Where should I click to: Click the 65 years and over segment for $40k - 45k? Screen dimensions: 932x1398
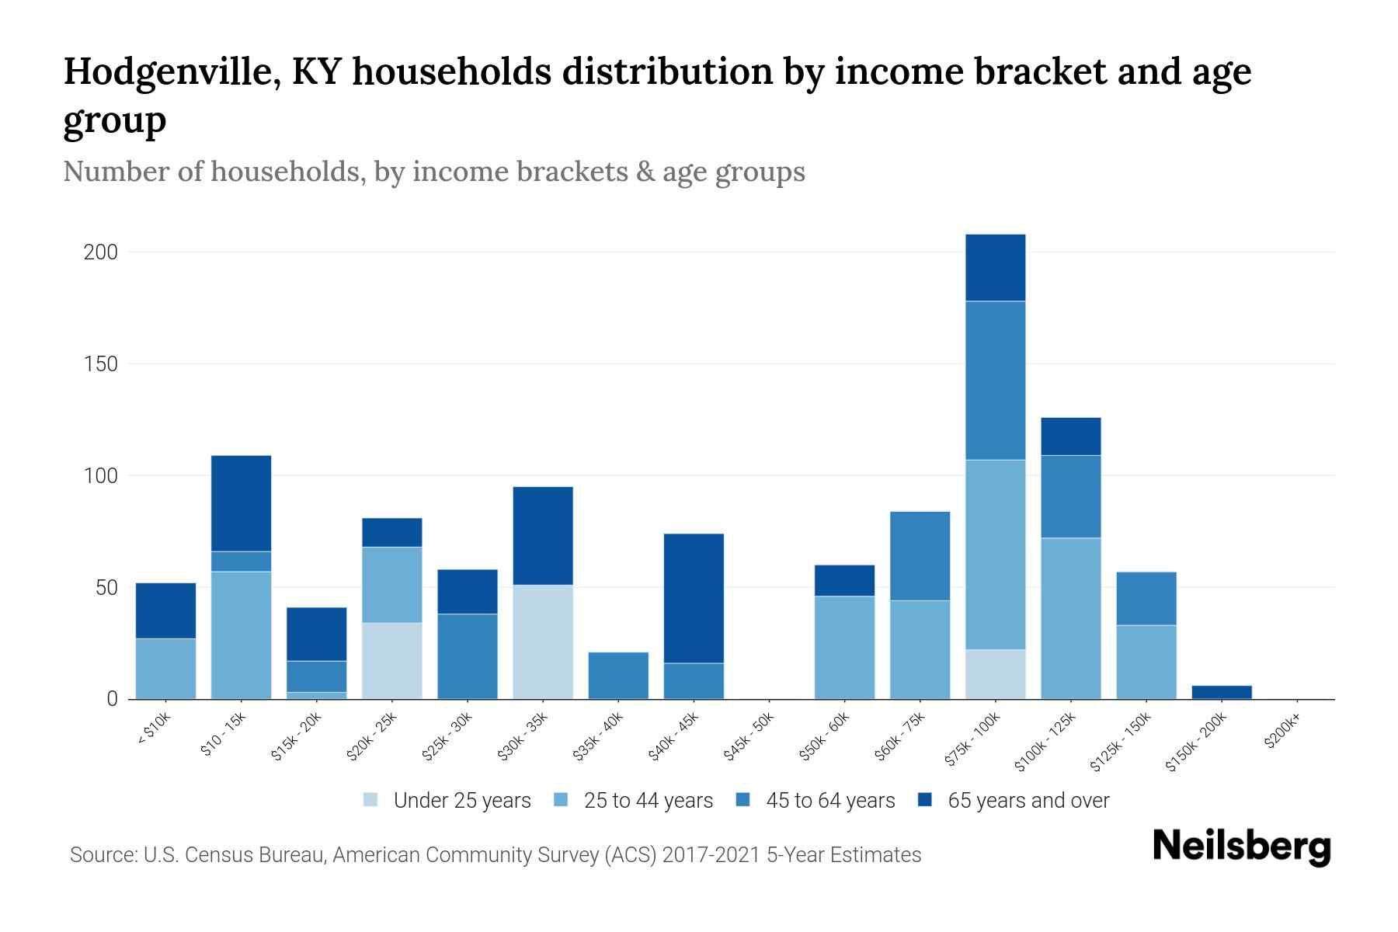click(694, 598)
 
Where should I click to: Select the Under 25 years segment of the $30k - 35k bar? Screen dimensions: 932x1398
click(543, 642)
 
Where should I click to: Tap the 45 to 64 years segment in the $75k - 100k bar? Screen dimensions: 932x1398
click(995, 381)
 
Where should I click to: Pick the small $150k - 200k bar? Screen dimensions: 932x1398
click(1222, 692)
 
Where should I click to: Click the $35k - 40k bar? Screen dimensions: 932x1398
click(618, 676)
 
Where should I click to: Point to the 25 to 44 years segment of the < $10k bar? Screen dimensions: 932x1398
click(165, 669)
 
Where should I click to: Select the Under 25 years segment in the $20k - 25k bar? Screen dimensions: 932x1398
click(392, 661)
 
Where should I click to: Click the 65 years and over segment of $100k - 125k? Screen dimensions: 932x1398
click(1070, 436)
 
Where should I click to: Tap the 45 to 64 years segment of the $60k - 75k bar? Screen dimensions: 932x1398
click(920, 556)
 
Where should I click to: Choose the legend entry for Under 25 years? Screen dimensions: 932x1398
click(447, 801)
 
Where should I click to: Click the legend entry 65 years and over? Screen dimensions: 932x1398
click(1013, 801)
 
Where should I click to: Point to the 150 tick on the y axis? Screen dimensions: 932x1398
click(101, 364)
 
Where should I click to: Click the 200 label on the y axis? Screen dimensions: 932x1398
click(101, 252)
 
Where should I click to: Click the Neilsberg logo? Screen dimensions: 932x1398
click(1241, 847)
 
